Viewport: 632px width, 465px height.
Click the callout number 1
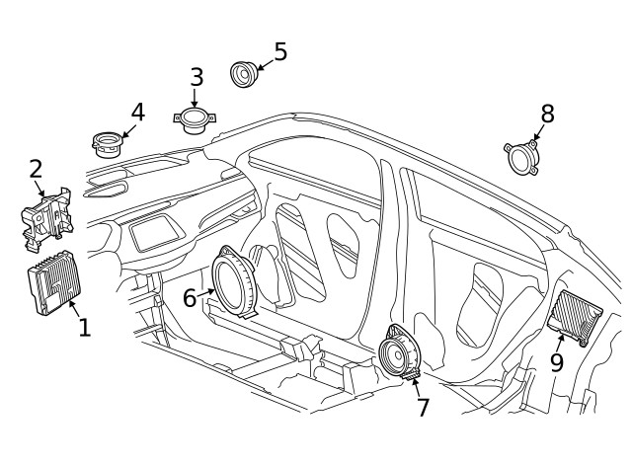pos(84,327)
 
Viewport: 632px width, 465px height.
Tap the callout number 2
pos(36,169)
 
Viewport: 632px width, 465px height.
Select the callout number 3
pos(197,76)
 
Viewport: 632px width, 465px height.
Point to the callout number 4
pos(138,112)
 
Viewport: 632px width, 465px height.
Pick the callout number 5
pos(280,51)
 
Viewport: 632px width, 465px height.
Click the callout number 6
pos(190,296)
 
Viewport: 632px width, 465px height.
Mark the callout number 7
pos(423,407)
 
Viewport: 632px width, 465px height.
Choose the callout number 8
pos(547,114)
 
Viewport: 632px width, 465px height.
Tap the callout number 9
pos(557,362)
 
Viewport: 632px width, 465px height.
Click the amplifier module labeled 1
pos(54,286)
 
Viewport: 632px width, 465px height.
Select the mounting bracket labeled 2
pos(45,214)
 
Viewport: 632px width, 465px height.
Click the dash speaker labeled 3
pos(194,119)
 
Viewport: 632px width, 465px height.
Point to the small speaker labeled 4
pos(106,143)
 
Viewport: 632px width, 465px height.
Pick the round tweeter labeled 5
pos(242,73)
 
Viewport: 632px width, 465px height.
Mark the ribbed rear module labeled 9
pos(574,317)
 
